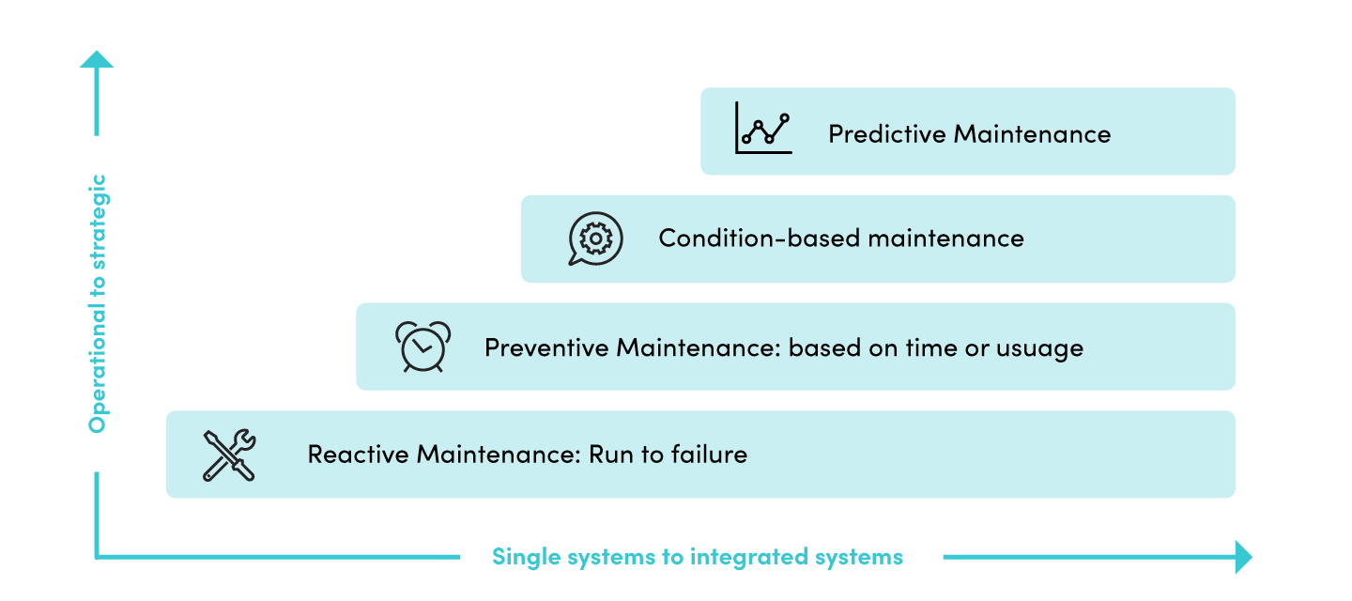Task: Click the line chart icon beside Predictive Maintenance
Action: (x=763, y=128)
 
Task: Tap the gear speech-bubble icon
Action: (x=595, y=239)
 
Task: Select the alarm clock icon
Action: (x=422, y=347)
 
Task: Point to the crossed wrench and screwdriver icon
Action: (x=229, y=455)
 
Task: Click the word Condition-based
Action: (x=759, y=239)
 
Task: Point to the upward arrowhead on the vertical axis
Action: (x=97, y=58)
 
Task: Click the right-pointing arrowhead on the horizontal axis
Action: (x=1244, y=556)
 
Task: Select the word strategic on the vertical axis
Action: (x=98, y=221)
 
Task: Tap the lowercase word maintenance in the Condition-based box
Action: (x=945, y=239)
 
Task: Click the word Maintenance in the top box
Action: (x=1032, y=134)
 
